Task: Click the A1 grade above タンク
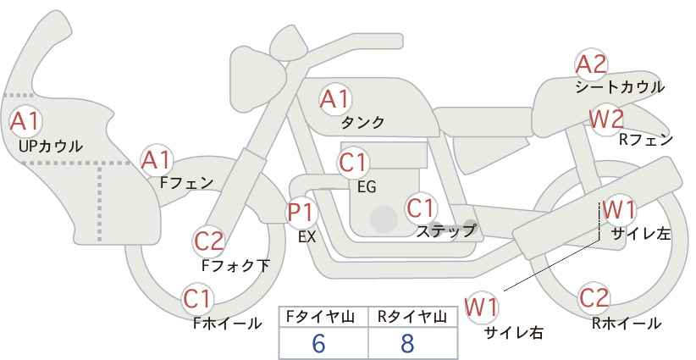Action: [334, 99]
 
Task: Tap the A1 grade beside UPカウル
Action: [25, 121]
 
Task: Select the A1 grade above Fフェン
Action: [156, 160]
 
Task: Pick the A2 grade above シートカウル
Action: [591, 65]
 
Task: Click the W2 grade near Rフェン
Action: [606, 119]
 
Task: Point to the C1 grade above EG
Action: [353, 163]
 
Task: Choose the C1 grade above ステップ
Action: [421, 208]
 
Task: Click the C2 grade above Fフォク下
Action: [209, 242]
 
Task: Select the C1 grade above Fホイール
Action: [197, 299]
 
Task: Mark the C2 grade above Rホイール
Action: [594, 298]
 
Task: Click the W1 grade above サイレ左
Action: [619, 210]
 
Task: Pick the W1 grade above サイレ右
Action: [481, 307]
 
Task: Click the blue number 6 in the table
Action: [318, 343]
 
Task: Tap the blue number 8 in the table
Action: [407, 343]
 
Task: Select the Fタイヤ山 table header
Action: [320, 317]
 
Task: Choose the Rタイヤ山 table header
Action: [412, 317]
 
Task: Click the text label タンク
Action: [362, 123]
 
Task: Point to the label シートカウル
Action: [620, 87]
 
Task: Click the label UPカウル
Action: [51, 146]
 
